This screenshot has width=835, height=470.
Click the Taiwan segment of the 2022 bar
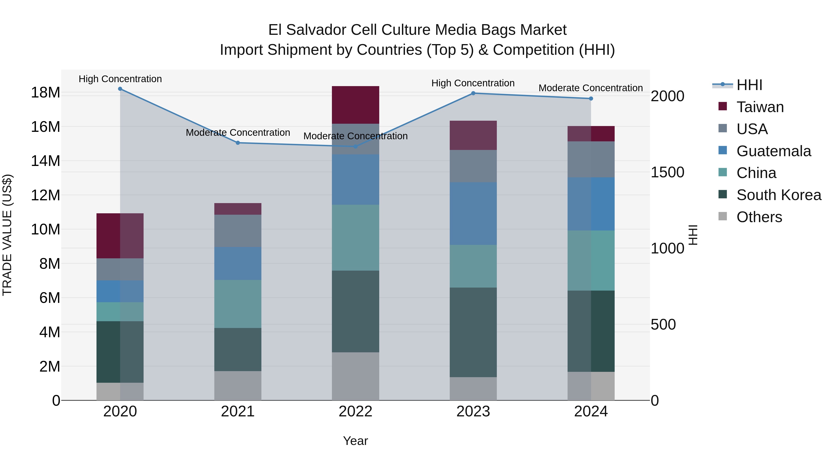pos(355,105)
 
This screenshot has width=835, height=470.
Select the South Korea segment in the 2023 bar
pos(473,332)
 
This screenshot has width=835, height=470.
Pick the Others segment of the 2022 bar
pos(355,376)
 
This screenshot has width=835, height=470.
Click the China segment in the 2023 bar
pos(473,266)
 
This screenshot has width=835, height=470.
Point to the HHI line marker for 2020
pos(120,89)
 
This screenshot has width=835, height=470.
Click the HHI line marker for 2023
pos(473,93)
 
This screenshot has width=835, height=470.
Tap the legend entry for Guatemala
pos(773,151)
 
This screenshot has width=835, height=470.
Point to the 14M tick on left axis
pos(45,161)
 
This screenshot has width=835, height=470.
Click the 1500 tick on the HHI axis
pos(667,172)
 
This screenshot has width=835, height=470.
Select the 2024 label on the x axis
pos(591,412)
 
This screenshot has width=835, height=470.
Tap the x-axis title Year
pos(355,441)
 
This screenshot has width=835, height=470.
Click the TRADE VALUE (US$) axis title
pos(7,235)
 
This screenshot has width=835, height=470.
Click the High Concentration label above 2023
pos(473,83)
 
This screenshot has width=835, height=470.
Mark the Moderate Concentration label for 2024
pos(590,88)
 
